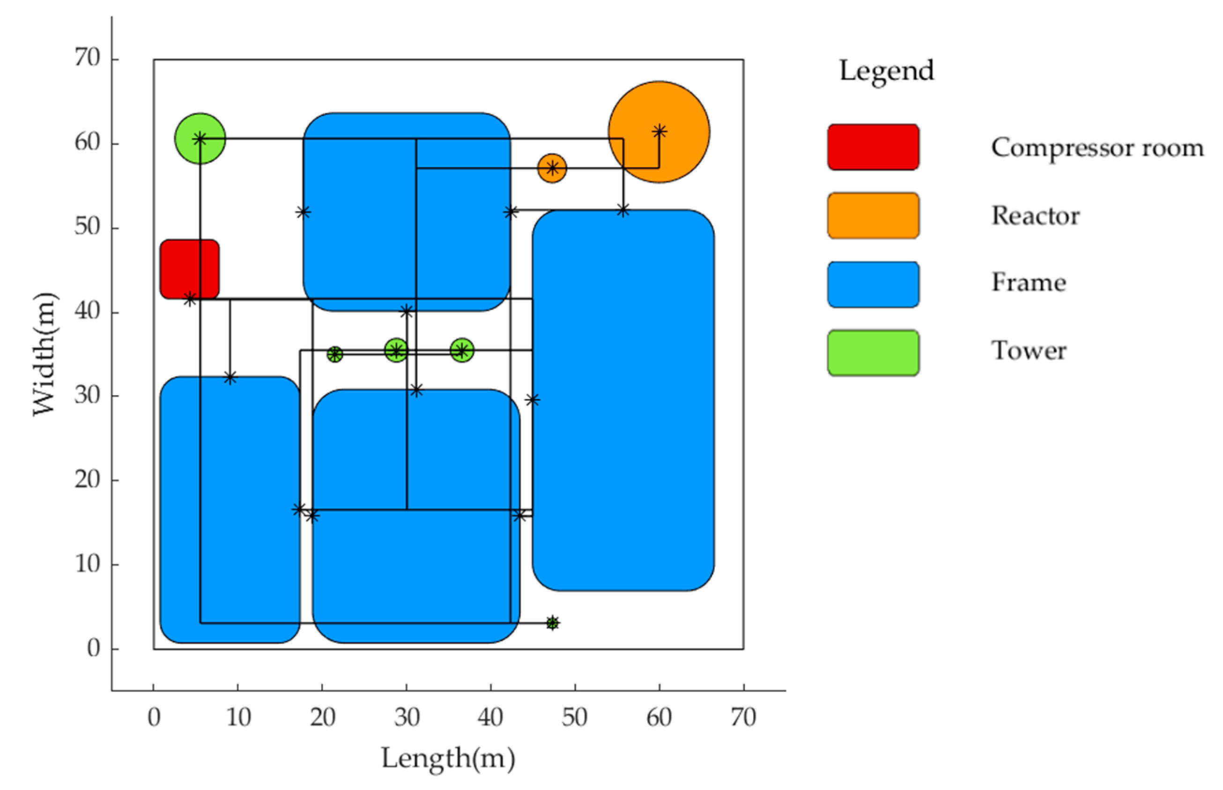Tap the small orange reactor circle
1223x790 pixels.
[x=552, y=168]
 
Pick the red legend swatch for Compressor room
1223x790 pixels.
[x=873, y=147]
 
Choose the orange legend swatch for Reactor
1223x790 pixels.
[x=873, y=215]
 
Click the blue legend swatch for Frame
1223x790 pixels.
[x=873, y=284]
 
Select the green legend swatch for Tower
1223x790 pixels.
[x=873, y=353]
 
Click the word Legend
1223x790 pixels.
[x=886, y=71]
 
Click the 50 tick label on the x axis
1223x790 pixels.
[x=574, y=717]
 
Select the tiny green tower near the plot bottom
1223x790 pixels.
[x=552, y=623]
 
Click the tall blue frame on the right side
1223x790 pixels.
[x=623, y=400]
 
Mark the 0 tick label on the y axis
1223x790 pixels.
[x=93, y=649]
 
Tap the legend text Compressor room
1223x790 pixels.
[x=1097, y=148]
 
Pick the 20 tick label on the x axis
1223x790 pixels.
[x=322, y=717]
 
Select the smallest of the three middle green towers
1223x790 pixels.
[x=334, y=354]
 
